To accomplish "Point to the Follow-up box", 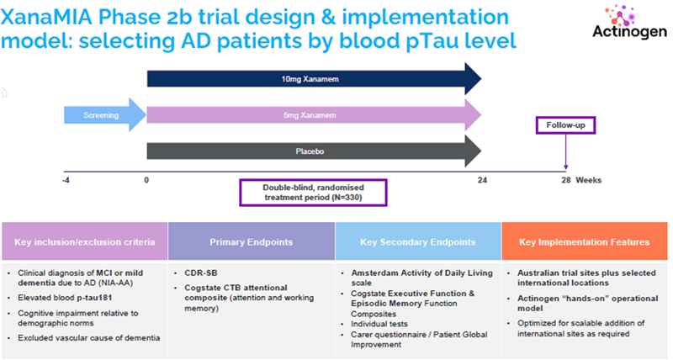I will pyautogui.click(x=565, y=126).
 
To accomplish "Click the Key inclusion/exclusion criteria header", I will pyautogui.click(x=84, y=242).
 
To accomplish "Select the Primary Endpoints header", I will pyautogui.click(x=251, y=242).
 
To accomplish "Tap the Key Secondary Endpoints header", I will pyautogui.click(x=418, y=242).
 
